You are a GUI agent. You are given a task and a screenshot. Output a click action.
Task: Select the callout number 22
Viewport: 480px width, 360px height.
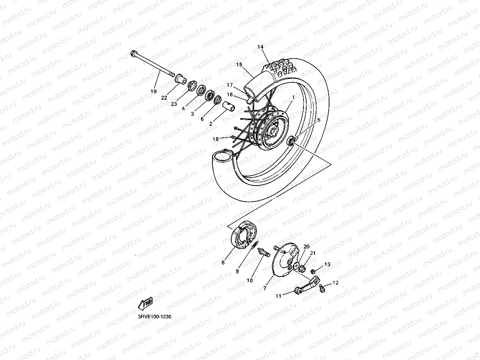164,98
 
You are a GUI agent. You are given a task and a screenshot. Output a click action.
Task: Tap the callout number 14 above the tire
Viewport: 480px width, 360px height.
260,47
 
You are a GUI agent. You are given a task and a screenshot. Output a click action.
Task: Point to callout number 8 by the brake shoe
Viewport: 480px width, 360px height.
223,262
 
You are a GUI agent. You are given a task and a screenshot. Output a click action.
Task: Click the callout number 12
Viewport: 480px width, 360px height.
335,282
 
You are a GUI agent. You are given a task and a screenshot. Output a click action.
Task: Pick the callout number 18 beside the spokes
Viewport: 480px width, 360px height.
216,139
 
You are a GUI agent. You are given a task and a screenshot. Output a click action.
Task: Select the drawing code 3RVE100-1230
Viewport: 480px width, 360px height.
154,316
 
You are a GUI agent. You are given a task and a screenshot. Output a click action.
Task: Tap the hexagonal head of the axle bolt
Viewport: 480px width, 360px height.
132,53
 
